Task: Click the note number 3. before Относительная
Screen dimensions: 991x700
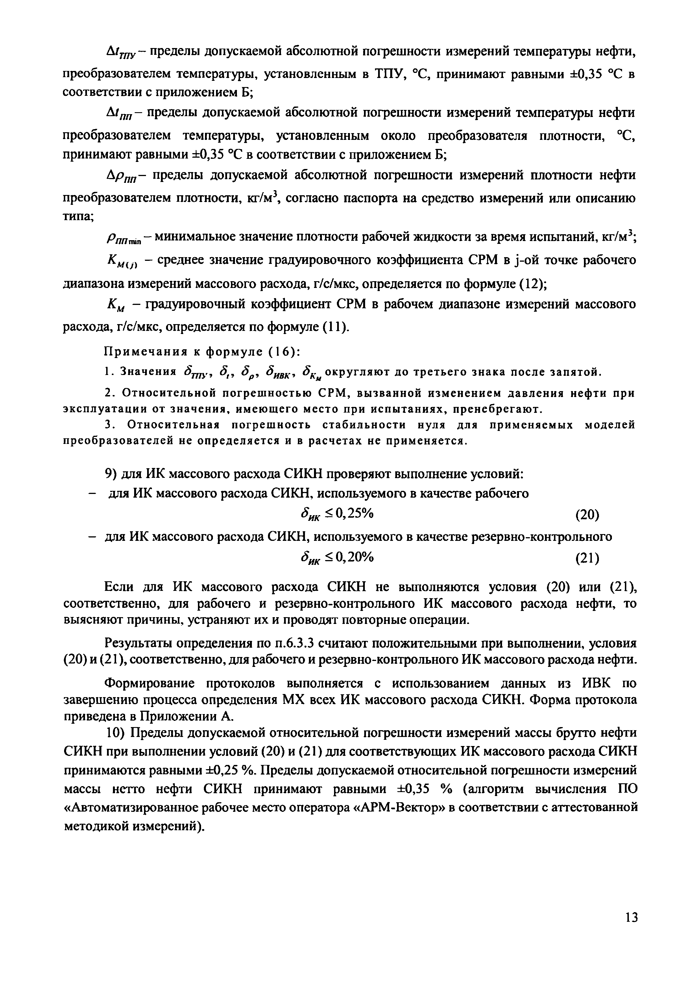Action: [x=109, y=426]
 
